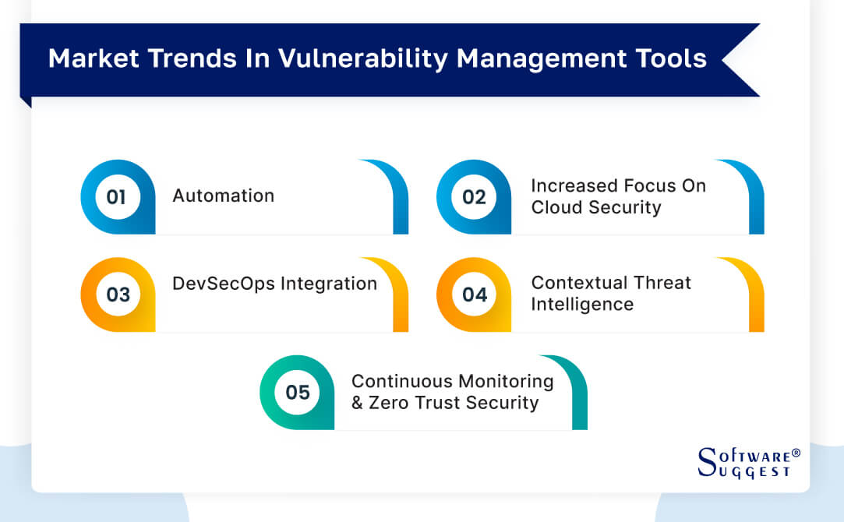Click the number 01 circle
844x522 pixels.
pos(116,197)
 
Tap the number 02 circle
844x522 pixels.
pos(474,197)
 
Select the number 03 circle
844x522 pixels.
pos(118,295)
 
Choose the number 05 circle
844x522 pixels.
pos(297,392)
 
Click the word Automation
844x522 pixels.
pos(223,196)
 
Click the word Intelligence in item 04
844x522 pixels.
pos(582,305)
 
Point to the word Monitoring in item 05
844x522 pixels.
pos(506,381)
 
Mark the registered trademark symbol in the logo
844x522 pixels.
pos(796,453)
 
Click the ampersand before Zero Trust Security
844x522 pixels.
pos(358,403)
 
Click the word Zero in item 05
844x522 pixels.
pos(388,403)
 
